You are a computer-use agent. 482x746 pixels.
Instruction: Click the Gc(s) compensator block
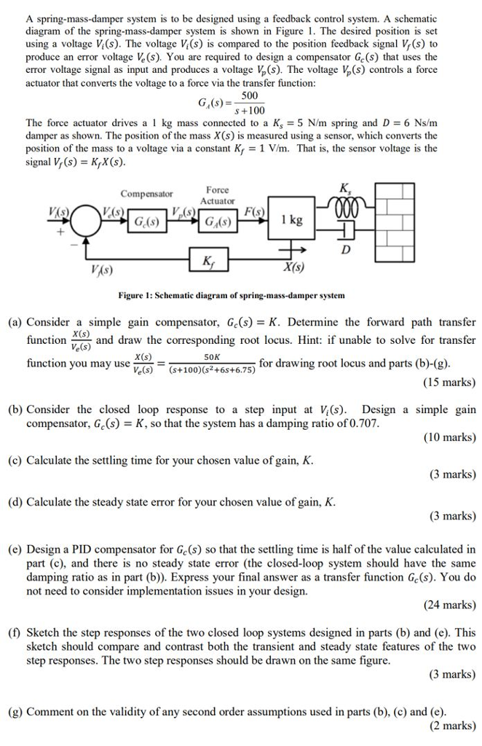coord(146,221)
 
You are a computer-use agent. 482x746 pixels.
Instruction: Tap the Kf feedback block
coord(210,260)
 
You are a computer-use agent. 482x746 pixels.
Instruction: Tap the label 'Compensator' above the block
coord(146,194)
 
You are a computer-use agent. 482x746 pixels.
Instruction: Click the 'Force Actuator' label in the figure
coord(217,195)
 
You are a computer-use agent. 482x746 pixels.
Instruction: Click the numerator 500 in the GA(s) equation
coord(250,97)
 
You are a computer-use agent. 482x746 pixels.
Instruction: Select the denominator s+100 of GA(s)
coord(250,109)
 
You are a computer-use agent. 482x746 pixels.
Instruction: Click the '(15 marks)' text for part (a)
coord(449,382)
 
